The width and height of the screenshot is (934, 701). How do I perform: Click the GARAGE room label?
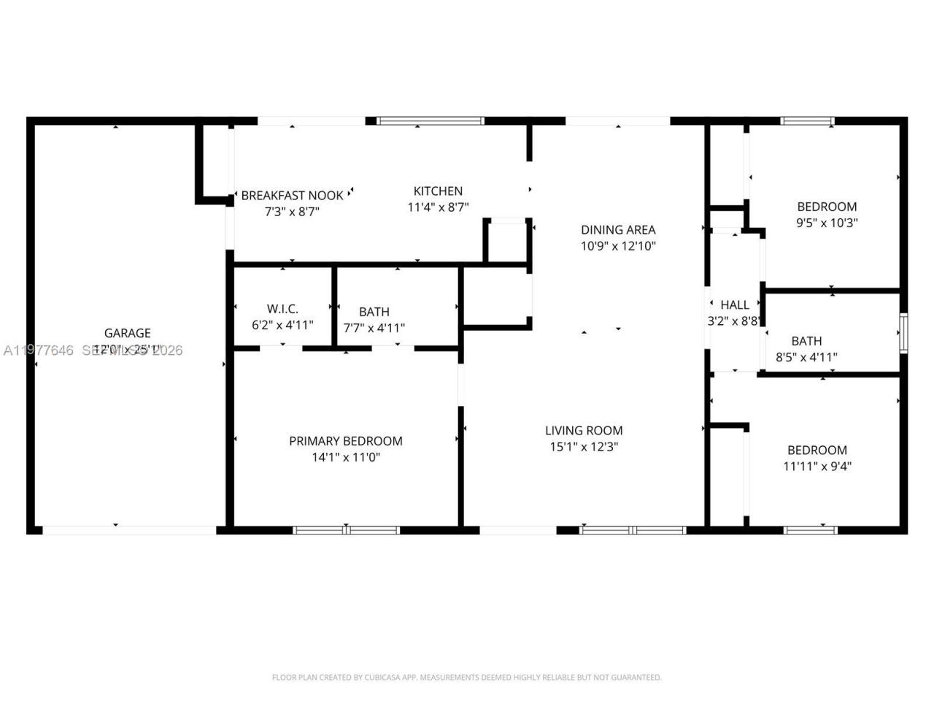click(127, 333)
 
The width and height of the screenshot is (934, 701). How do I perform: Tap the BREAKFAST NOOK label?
click(292, 195)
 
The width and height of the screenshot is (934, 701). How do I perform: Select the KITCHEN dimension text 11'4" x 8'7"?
click(438, 207)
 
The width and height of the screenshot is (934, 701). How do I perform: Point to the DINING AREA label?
click(618, 229)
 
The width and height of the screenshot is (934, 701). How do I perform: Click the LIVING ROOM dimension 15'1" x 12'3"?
click(584, 447)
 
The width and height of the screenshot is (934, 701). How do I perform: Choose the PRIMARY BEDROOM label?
click(346, 441)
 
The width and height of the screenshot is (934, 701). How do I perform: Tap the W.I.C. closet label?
click(282, 309)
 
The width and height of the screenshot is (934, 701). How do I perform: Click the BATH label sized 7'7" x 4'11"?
click(374, 312)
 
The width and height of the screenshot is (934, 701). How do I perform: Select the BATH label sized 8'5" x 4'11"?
click(806, 341)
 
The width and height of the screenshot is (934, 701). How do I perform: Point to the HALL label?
click(735, 304)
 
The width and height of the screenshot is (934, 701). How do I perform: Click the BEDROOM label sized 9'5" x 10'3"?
click(827, 207)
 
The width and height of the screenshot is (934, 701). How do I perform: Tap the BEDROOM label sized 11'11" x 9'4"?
click(817, 451)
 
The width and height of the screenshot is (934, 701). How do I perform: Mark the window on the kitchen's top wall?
click(431, 121)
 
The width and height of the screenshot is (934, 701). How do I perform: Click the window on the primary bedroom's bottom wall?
click(347, 530)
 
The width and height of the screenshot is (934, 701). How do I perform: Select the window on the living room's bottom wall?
click(633, 530)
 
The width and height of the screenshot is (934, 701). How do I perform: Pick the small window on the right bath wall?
click(903, 333)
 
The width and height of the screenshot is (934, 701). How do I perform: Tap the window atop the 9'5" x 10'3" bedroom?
click(807, 121)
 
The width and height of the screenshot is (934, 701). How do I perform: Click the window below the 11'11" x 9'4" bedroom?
click(811, 530)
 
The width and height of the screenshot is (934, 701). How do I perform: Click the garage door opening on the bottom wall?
click(130, 530)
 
